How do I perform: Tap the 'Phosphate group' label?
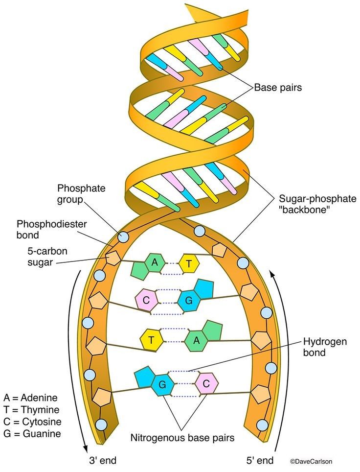pyautogui.click(x=75, y=193)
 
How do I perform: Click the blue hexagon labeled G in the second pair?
pyautogui.click(x=187, y=300)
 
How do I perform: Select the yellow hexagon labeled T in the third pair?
pyautogui.click(x=151, y=339)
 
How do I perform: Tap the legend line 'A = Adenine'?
pyautogui.click(x=30, y=397)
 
